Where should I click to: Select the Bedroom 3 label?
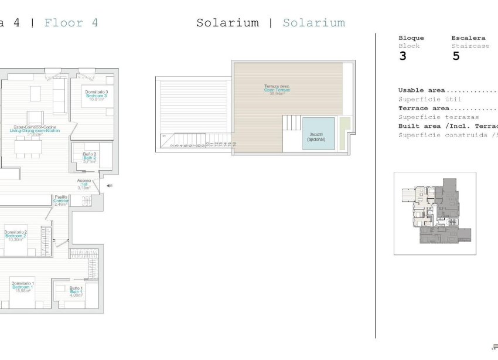pyautogui.click(x=96, y=96)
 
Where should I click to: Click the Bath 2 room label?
pyautogui.click(x=89, y=158)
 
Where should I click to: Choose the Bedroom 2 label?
pyautogui.click(x=16, y=236)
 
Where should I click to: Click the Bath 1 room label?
pyautogui.click(x=76, y=291)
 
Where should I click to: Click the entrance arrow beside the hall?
pyautogui.click(x=109, y=186)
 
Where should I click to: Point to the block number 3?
pyautogui.click(x=403, y=56)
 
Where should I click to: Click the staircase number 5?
pyautogui.click(x=456, y=56)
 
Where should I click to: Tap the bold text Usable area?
pyautogui.click(x=421, y=90)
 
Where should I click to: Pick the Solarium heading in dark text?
pyautogui.click(x=227, y=23)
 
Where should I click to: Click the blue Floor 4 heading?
pyautogui.click(x=71, y=23)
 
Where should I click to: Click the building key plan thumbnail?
pyautogui.click(x=435, y=213)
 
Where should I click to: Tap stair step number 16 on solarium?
pyautogui.click(x=234, y=144)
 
